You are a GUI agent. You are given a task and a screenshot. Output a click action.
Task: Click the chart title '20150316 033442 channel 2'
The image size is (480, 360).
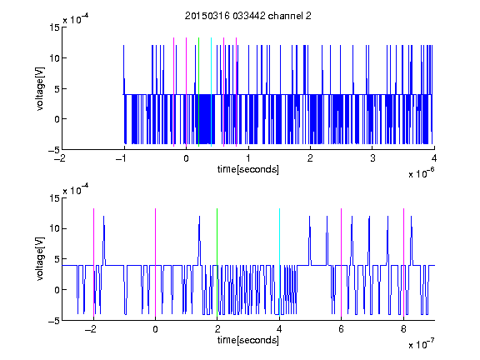[248, 16]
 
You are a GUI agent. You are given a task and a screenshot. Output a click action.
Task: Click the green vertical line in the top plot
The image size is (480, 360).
[198, 92]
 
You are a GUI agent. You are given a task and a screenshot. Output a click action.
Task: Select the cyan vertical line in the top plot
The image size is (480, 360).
[211, 92]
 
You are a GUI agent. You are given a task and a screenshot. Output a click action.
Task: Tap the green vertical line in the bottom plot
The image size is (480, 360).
[217, 262]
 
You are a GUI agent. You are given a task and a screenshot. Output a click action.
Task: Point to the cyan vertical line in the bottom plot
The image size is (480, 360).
[279, 262]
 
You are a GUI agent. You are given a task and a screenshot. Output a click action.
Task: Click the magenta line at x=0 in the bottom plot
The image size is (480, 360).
[155, 262]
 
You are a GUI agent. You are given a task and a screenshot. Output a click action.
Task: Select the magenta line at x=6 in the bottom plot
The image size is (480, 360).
[342, 262]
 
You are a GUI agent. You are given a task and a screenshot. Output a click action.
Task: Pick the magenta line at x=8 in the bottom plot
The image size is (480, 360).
[403, 262]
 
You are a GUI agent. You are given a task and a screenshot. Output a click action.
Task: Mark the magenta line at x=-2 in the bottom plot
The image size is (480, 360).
[93, 262]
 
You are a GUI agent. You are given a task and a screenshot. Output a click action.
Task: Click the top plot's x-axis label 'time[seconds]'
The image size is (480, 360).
[248, 169]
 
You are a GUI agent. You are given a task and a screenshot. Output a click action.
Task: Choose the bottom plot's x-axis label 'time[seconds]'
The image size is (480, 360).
[248, 340]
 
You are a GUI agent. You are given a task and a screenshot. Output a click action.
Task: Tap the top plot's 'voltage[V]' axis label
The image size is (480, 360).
[40, 89]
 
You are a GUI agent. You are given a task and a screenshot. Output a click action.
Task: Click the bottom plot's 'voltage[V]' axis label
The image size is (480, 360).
[40, 259]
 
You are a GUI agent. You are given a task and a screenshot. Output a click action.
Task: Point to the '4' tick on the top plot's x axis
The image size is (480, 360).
[434, 158]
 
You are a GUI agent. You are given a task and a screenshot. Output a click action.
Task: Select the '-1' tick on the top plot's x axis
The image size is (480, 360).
[122, 158]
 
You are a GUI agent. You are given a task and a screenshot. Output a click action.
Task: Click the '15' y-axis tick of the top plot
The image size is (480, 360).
[54, 27]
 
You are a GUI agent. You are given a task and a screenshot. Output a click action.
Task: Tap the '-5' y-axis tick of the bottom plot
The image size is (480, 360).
[54, 321]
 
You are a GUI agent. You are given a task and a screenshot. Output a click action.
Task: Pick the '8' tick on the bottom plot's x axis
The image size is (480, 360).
[403, 329]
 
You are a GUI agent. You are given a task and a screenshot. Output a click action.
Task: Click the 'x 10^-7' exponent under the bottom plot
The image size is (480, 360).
[421, 344]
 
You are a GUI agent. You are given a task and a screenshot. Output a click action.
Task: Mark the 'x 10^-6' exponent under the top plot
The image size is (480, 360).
[421, 172]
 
